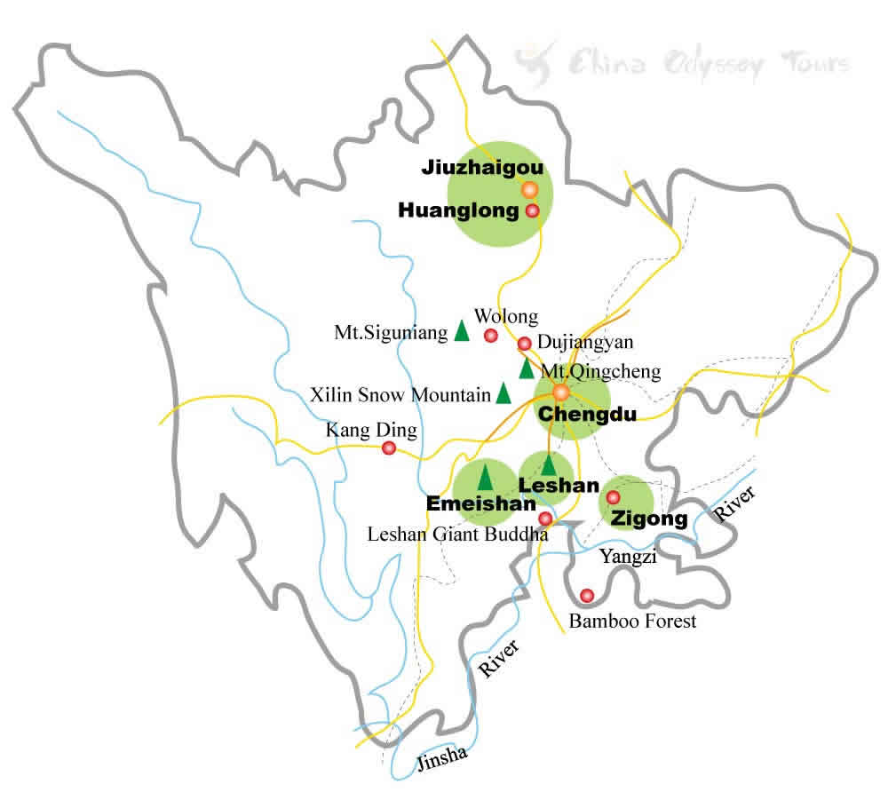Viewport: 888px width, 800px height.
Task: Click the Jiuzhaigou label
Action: point(480,167)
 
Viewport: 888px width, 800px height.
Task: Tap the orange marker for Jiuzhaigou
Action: point(529,189)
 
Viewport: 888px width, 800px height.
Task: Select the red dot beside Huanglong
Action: point(533,210)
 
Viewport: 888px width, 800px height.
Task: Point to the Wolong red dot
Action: point(490,335)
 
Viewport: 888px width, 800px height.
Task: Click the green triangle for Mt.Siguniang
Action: point(462,330)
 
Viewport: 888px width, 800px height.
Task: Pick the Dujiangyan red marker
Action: point(524,343)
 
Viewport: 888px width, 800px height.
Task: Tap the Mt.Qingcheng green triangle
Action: point(527,368)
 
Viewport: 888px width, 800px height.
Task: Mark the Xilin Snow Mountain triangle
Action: point(503,392)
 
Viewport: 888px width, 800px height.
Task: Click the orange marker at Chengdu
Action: point(560,392)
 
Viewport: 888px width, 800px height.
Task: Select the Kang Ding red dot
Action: point(388,448)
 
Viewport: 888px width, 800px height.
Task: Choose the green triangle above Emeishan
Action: point(485,476)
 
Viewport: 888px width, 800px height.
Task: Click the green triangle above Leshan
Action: point(549,463)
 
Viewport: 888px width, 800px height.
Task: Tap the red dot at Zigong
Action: point(613,496)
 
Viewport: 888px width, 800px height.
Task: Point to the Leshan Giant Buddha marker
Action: point(545,518)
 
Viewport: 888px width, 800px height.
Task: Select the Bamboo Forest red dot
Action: point(586,595)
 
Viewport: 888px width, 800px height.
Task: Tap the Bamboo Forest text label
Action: point(632,621)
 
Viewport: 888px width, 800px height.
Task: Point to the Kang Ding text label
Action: point(371,430)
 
